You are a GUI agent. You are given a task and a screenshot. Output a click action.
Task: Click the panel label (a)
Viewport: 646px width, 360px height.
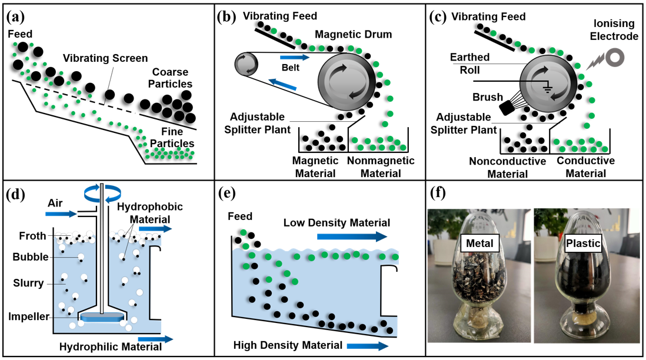click(x=15, y=16)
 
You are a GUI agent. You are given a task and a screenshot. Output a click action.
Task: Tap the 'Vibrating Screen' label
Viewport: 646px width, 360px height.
click(x=105, y=58)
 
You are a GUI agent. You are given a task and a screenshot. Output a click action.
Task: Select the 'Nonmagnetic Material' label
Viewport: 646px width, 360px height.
click(x=379, y=166)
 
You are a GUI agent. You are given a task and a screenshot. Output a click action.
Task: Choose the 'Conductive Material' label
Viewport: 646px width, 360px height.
click(x=585, y=166)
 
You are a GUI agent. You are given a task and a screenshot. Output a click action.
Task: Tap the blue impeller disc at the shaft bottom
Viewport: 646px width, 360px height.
click(x=104, y=318)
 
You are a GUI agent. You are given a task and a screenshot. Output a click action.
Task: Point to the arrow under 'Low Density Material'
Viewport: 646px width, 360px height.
click(x=352, y=236)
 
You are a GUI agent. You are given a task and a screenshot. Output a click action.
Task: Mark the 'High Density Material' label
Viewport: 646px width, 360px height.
click(x=287, y=345)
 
